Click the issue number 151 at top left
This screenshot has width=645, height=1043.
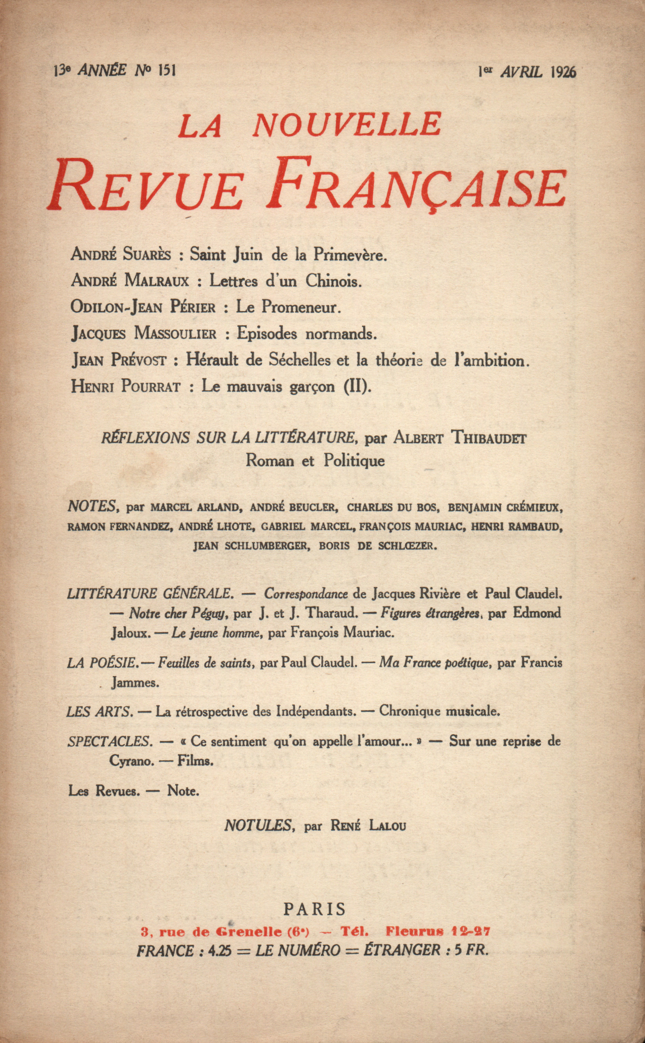pyautogui.click(x=167, y=70)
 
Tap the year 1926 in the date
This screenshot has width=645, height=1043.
pyautogui.click(x=563, y=72)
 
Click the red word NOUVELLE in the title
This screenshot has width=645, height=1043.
pyautogui.click(x=347, y=125)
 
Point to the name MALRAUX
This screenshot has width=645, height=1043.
pyautogui.click(x=156, y=281)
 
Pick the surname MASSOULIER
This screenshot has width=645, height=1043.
pyautogui.click(x=175, y=334)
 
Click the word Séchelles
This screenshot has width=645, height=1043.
pyautogui.click(x=300, y=361)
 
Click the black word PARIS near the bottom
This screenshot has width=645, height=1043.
pyautogui.click(x=315, y=909)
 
